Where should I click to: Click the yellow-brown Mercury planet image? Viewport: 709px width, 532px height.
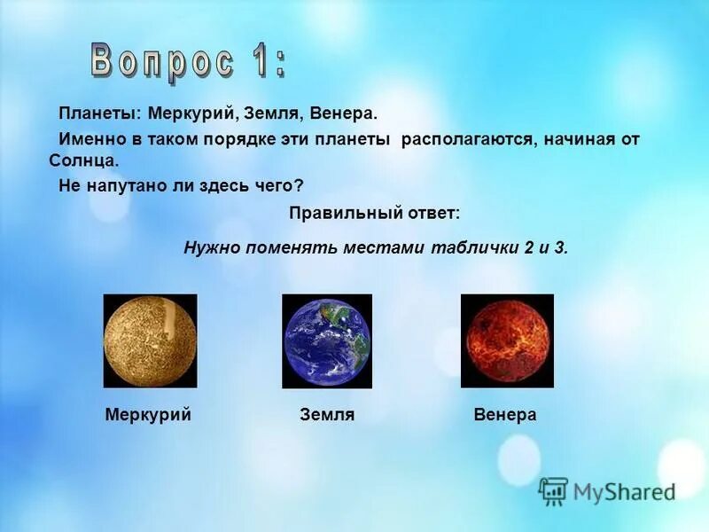tap(150, 341)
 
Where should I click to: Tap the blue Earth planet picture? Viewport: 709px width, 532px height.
tap(327, 341)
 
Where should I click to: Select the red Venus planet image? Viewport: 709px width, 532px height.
tap(507, 341)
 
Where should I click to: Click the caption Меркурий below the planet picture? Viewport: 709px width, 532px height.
tap(148, 415)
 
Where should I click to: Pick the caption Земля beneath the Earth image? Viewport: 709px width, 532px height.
tap(327, 415)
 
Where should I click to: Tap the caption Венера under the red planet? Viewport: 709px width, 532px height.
tap(505, 415)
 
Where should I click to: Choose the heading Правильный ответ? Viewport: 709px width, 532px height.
tap(375, 214)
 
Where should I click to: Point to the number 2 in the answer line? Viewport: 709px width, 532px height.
tap(528, 247)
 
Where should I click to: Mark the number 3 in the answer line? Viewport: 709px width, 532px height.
tap(560, 247)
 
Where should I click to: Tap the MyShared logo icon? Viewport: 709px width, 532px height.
tap(553, 491)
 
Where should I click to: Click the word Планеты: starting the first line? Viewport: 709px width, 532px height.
tap(100, 114)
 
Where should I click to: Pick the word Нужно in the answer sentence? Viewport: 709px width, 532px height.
tap(208, 247)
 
